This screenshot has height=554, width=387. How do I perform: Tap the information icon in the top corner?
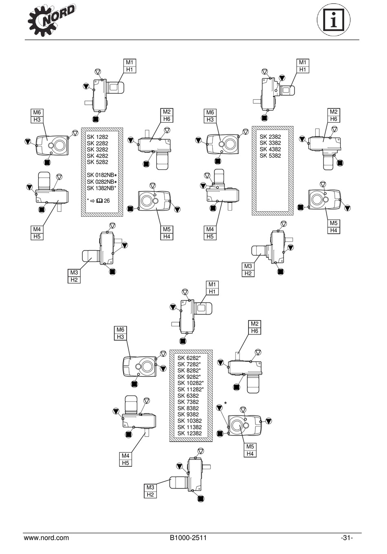(334, 20)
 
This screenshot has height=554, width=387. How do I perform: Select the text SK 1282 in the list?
(97, 137)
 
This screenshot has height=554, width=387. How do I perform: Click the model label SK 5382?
(270, 156)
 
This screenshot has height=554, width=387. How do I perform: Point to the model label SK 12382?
(189, 433)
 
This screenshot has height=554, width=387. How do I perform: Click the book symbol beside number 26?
(99, 201)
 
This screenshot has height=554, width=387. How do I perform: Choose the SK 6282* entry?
(189, 358)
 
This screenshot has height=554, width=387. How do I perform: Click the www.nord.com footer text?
(46, 538)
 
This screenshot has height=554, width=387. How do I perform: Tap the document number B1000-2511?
(188, 538)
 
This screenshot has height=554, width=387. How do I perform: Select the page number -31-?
(347, 538)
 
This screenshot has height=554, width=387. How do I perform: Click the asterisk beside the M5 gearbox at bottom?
(225, 403)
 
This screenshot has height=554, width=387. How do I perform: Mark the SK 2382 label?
(270, 137)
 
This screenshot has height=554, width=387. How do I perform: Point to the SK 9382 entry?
(188, 415)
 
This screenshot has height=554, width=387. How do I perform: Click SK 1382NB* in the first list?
(101, 188)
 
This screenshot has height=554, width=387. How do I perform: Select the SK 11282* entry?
(190, 389)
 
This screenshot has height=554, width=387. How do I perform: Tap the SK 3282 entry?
(97, 149)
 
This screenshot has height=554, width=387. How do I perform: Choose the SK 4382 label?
(270, 149)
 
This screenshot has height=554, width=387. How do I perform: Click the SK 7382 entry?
(188, 402)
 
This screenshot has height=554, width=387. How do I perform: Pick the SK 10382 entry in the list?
(189, 421)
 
